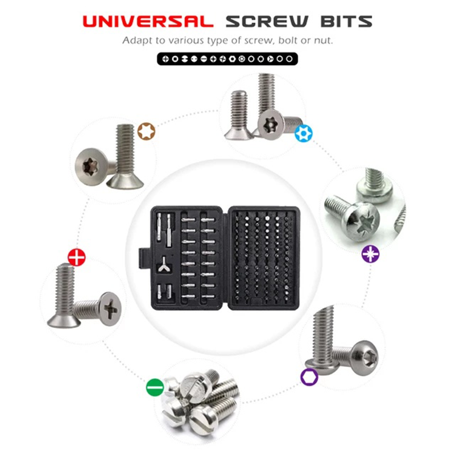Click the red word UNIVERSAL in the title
pyautogui.click(x=148, y=22)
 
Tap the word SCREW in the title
pyautogui.click(x=267, y=22)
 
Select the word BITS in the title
pyautogui.click(x=346, y=22)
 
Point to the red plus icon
pyautogui.click(x=77, y=258)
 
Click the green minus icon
pyautogui.click(x=155, y=387)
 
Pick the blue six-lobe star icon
pyautogui.click(x=304, y=134)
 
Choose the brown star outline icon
pyautogui.click(x=146, y=131)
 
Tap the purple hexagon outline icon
pyautogui.click(x=309, y=377)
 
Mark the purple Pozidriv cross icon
pyautogui.click(x=371, y=254)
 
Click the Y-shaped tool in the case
pyautogui.click(x=164, y=264)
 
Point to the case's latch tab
pyautogui.click(x=144, y=258)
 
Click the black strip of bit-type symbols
pyautogui.click(x=227, y=59)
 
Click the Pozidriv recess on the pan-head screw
pyautogui.click(x=366, y=222)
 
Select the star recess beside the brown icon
pyautogui.click(x=89, y=167)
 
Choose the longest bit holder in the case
pyautogui.click(x=169, y=231)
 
